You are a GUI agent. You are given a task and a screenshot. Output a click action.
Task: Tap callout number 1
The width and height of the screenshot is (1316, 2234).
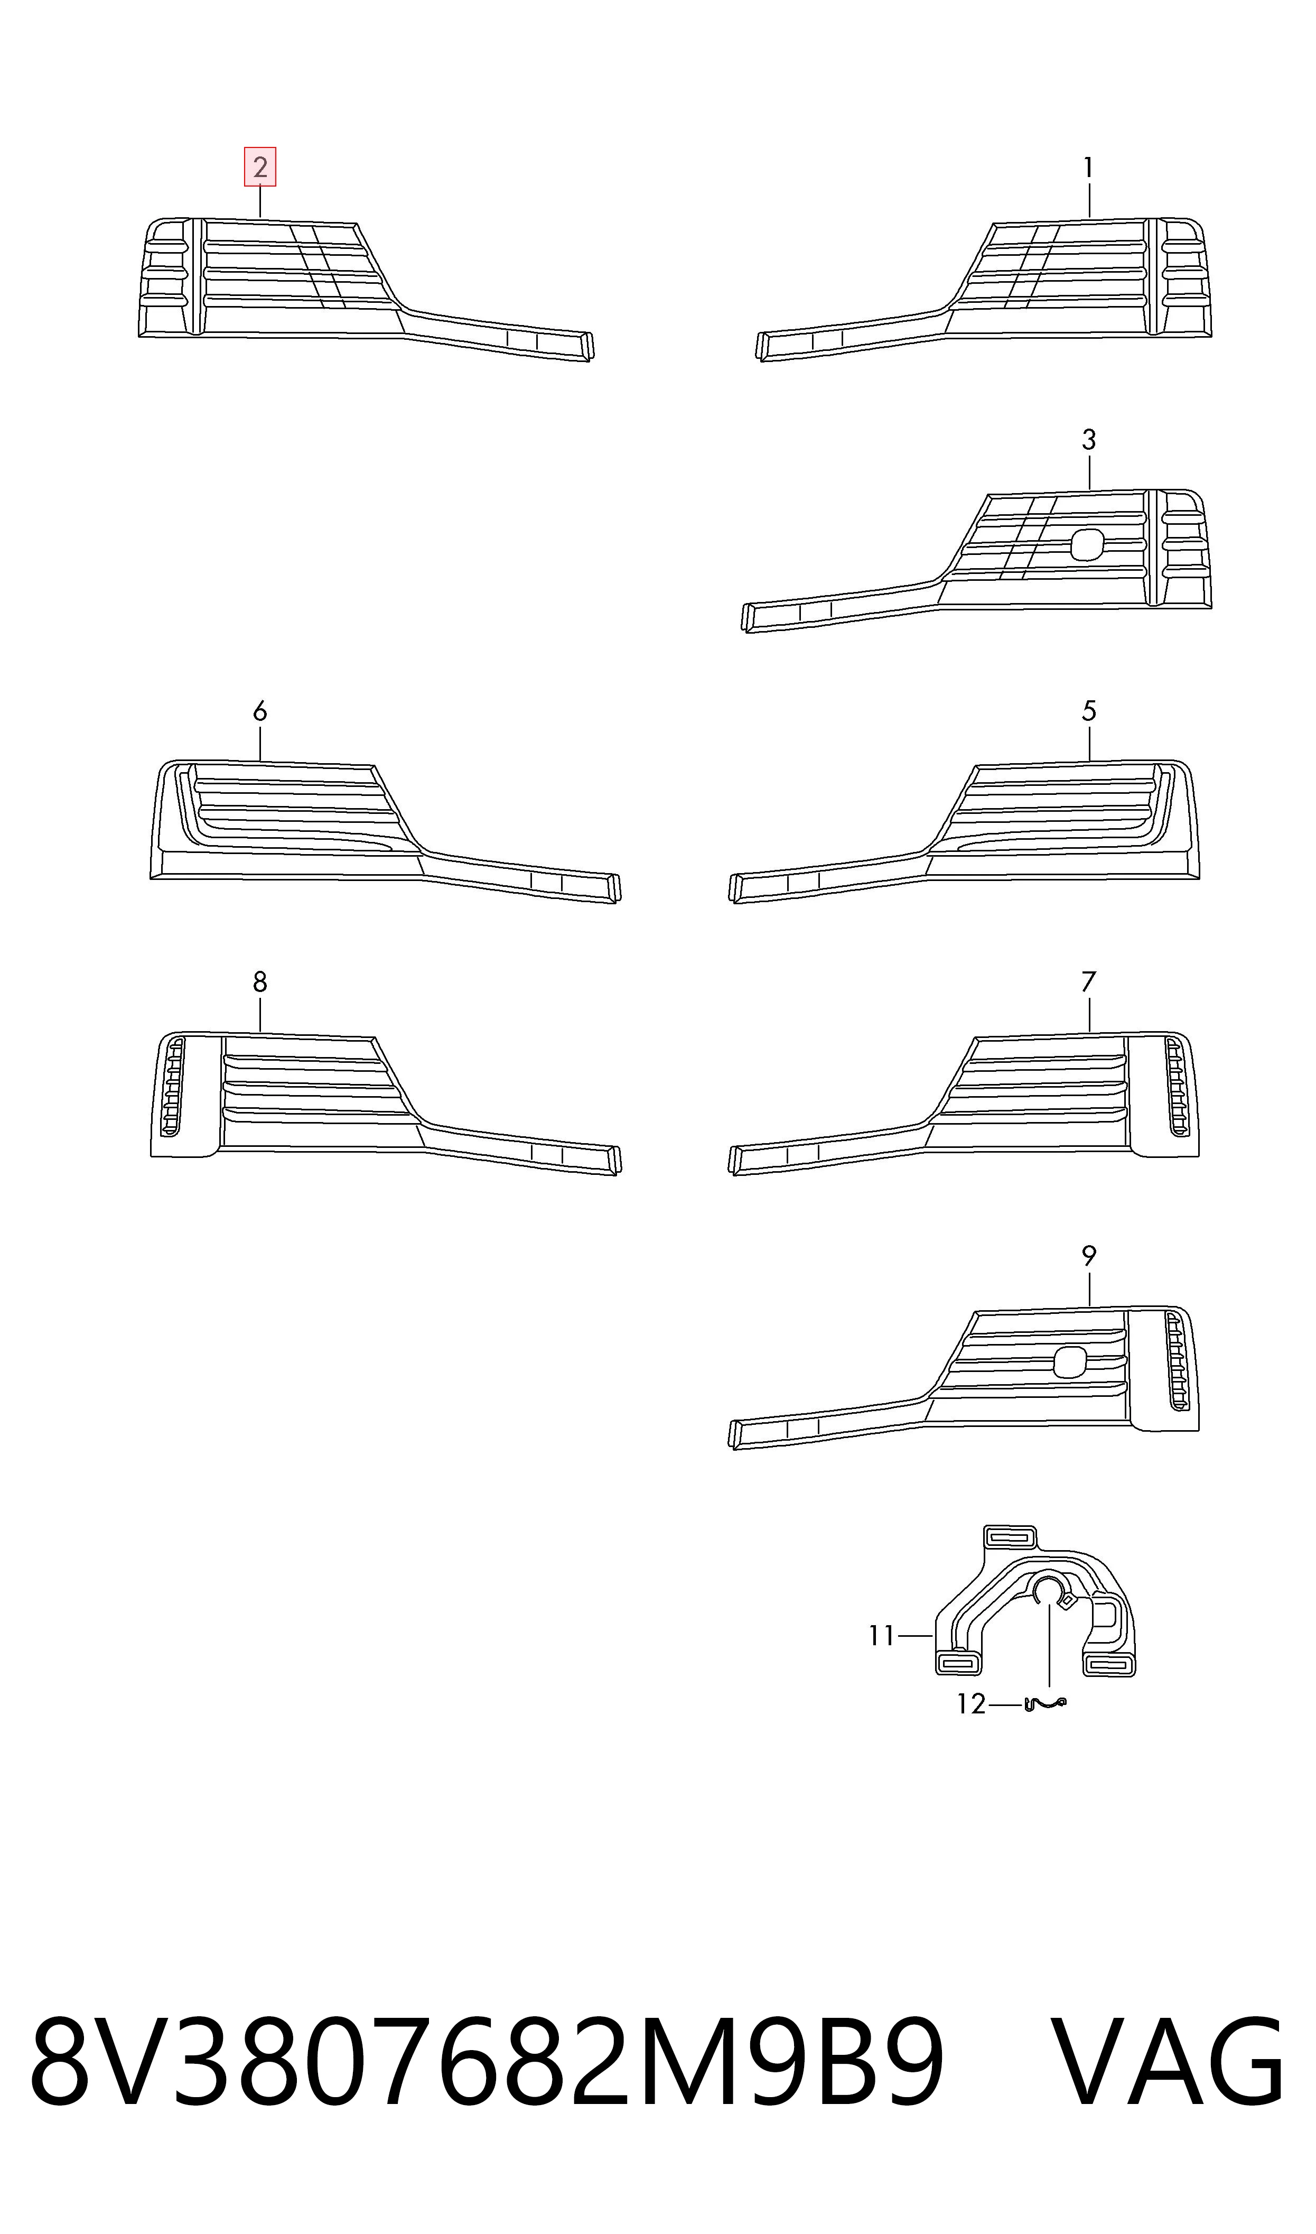coord(1088,168)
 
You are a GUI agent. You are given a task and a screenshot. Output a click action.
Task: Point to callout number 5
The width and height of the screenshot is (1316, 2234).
coord(1089,711)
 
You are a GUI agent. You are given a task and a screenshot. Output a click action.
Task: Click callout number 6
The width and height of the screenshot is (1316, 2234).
coord(260,711)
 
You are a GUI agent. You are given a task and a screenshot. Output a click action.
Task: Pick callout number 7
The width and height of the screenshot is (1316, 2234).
coord(1089,982)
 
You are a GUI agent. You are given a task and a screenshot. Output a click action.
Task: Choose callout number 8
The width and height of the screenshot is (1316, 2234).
coord(260,982)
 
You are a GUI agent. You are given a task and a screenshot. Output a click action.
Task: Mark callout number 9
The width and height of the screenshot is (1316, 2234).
coord(1089,1256)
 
